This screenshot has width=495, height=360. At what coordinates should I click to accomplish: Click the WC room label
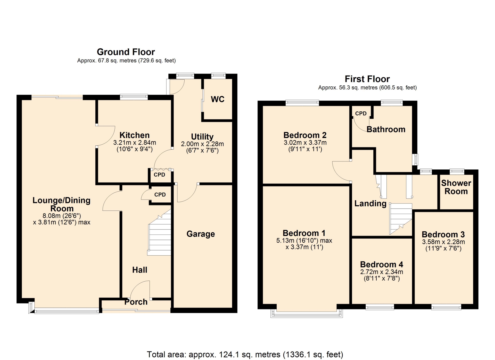(218, 99)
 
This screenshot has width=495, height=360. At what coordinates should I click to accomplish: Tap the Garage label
(201, 234)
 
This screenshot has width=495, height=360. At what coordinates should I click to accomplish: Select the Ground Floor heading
(126, 52)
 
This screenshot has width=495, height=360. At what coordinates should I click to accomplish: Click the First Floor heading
(367, 79)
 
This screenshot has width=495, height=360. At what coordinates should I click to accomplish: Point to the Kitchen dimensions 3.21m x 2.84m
(135, 143)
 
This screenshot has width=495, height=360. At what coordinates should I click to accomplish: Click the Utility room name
(202, 137)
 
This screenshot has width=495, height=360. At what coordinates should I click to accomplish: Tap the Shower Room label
(456, 187)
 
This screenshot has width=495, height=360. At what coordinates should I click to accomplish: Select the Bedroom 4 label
(382, 264)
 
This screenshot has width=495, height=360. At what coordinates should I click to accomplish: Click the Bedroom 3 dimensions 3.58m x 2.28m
(443, 242)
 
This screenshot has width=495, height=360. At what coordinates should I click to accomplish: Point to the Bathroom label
(386, 129)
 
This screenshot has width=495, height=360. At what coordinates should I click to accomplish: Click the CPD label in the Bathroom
(361, 113)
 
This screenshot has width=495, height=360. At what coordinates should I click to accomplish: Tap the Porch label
(136, 302)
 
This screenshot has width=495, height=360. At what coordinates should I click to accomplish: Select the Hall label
(140, 270)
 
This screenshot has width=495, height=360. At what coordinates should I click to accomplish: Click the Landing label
(370, 203)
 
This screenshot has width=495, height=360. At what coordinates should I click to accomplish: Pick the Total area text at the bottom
(245, 354)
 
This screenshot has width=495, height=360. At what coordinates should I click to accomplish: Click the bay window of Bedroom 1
(307, 313)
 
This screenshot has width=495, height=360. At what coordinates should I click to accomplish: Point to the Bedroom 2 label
(305, 135)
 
